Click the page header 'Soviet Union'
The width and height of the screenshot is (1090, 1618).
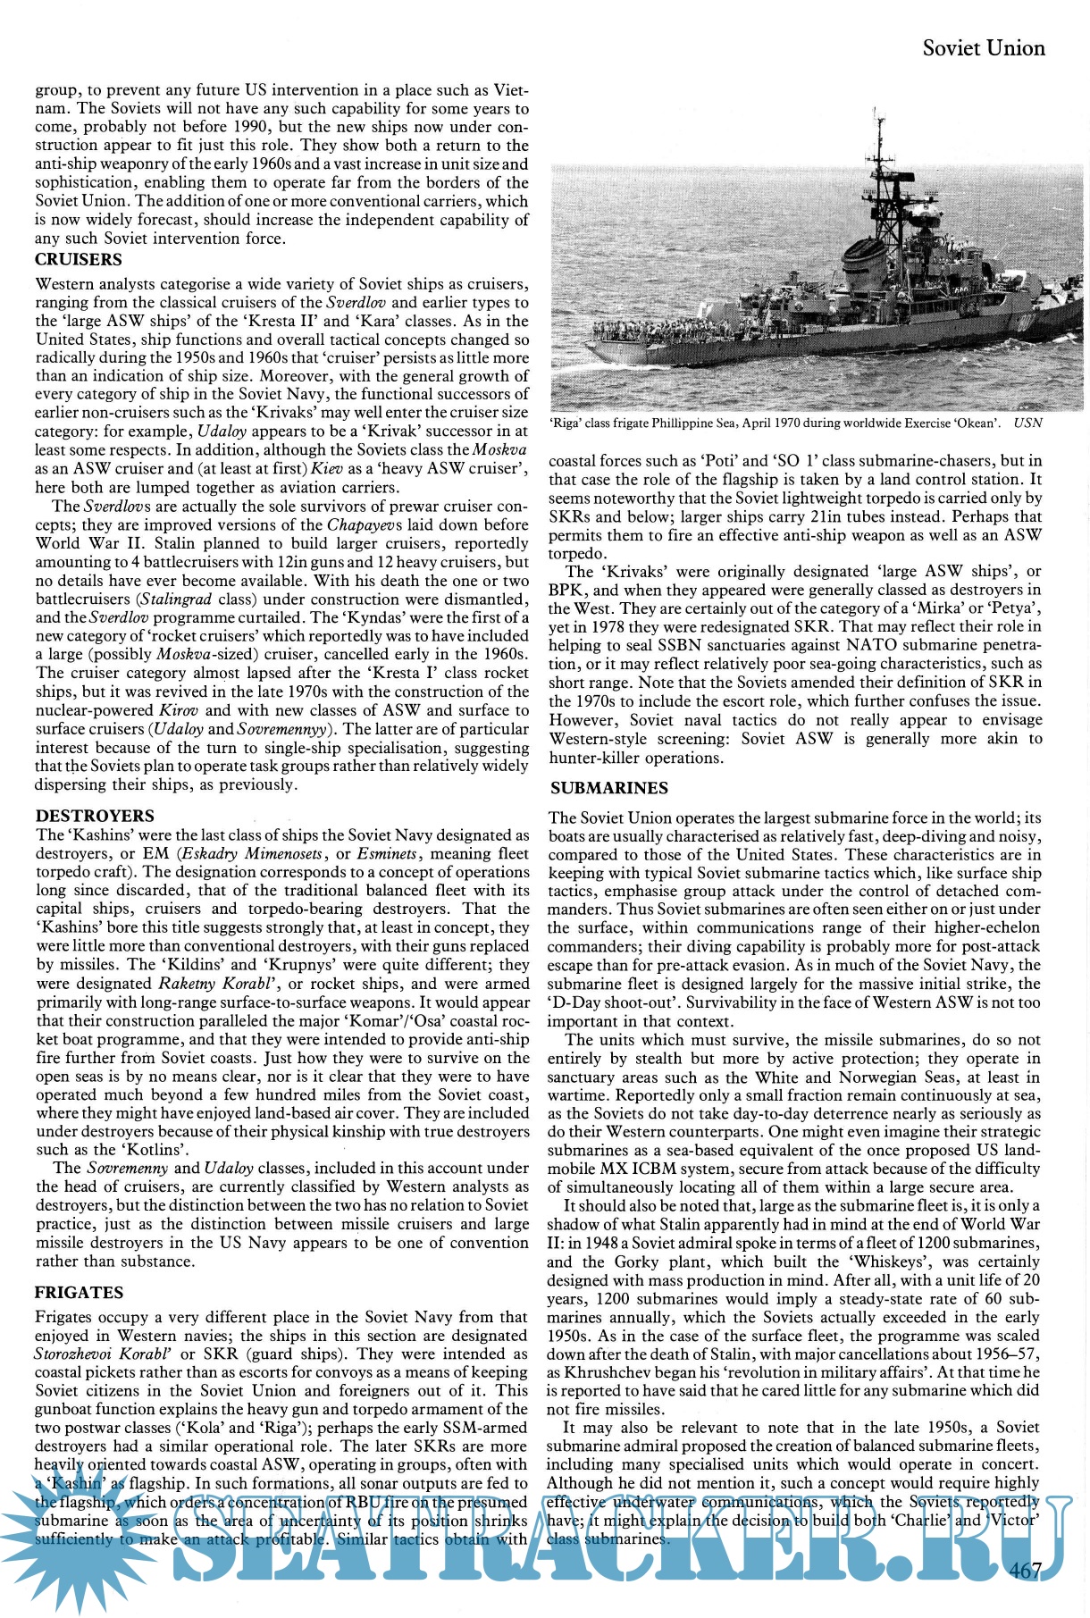(984, 48)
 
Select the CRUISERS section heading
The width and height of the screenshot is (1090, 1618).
(78, 260)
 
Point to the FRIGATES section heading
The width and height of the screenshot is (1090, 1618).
(79, 1292)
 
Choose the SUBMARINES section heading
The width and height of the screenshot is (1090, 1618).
(609, 788)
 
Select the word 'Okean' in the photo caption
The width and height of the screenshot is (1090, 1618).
(976, 423)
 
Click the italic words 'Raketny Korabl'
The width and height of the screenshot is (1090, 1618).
(214, 984)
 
